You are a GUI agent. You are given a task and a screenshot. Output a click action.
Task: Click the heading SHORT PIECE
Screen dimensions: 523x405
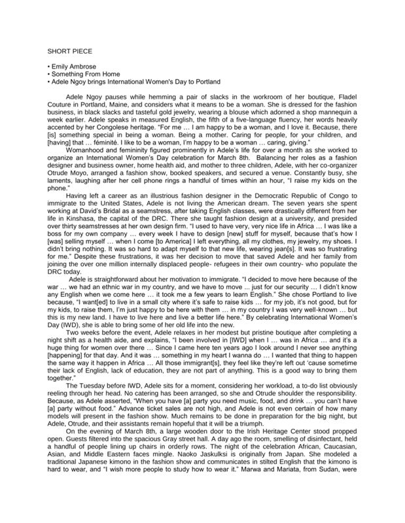pos(69,50)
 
